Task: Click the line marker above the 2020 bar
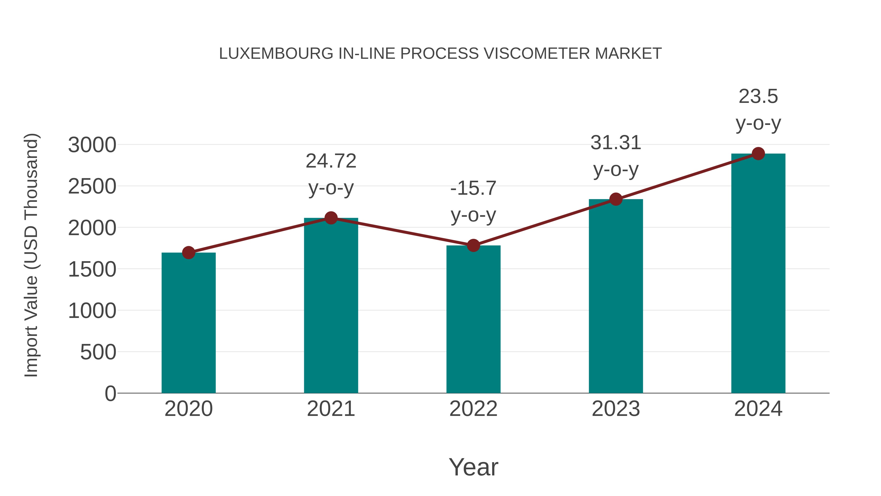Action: (x=188, y=253)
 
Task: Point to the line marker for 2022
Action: (x=473, y=245)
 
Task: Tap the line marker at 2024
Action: (x=758, y=154)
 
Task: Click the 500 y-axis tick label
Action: (x=98, y=352)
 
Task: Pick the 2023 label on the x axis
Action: (x=616, y=409)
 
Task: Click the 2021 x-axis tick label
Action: (x=331, y=409)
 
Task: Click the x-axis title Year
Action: (x=473, y=467)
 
